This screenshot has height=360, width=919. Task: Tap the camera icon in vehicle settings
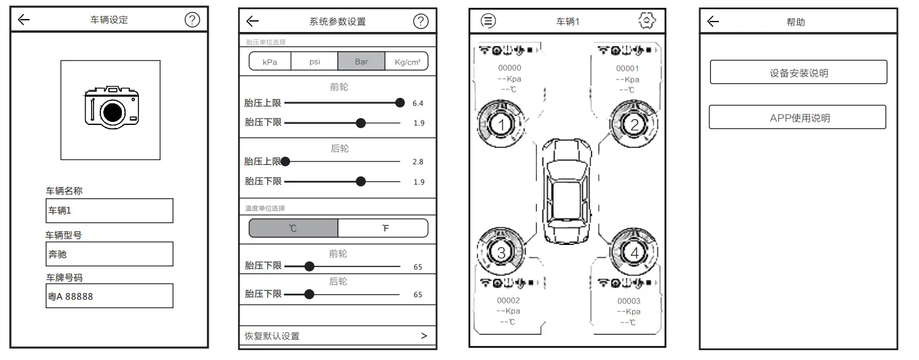(111, 108)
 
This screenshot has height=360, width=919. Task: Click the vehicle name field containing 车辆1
(110, 210)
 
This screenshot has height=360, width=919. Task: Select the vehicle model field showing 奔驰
(110, 254)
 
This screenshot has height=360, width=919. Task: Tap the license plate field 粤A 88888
(110, 296)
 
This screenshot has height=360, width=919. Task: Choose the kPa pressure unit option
(270, 62)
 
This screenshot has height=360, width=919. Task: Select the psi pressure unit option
(315, 62)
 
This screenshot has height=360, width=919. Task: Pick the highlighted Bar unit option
(361, 62)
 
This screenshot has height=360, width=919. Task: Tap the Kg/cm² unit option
(407, 62)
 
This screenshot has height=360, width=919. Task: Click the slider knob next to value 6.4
(400, 103)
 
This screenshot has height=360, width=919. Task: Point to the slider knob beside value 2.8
(285, 162)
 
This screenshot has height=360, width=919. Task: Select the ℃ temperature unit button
(293, 228)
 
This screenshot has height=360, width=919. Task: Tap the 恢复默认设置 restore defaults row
(337, 336)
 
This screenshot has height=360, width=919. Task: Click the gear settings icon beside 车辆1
(646, 21)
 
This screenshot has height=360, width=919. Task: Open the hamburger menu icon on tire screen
(488, 21)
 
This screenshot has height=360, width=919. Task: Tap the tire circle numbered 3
(501, 252)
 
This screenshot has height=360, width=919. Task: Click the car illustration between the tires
(567, 183)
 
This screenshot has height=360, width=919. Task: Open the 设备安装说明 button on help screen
(798, 73)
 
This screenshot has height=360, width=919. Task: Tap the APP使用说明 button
(798, 118)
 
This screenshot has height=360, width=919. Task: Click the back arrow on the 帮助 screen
(713, 22)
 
